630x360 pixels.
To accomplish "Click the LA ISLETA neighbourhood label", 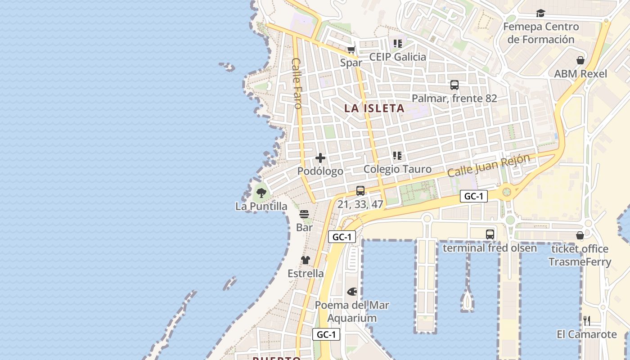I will point(374,108).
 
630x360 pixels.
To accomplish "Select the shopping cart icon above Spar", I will point(351,50).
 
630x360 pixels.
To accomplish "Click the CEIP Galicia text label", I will point(397,57).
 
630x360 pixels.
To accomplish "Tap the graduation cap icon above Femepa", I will point(540,13).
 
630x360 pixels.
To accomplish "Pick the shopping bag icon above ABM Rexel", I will point(580,60).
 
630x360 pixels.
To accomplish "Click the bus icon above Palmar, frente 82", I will point(454,85).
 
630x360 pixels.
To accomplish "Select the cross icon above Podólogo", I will point(320,158).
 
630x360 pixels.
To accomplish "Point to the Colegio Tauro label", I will point(397,169).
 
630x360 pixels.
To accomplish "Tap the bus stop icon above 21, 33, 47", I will point(360,191).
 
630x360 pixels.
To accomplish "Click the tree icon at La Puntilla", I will point(261,193).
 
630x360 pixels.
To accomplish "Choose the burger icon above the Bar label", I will point(304,214).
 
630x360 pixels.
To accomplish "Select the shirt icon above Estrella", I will point(306,260).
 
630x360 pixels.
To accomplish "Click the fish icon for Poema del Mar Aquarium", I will point(352,292).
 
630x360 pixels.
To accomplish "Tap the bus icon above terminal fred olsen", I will point(490,234).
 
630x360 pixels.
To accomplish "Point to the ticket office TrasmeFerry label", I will point(580,255).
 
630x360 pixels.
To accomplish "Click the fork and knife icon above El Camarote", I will point(586,321).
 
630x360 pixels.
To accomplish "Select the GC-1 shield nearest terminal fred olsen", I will point(473,196).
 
